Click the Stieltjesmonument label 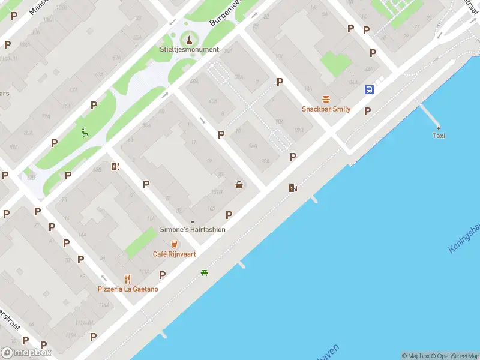pyautogui.click(x=189, y=49)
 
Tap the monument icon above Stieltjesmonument pyautogui.click(x=190, y=40)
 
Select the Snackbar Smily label pyautogui.click(x=326, y=109)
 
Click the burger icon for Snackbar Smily pyautogui.click(x=326, y=99)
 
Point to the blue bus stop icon pyautogui.click(x=368, y=90)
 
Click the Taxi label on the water pyautogui.click(x=439, y=136)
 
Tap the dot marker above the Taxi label pyautogui.click(x=439, y=128)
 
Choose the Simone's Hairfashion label pyautogui.click(x=193, y=230)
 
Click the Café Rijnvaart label pyautogui.click(x=174, y=254)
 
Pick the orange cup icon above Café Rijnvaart pyautogui.click(x=174, y=244)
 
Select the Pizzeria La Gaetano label pyautogui.click(x=128, y=289)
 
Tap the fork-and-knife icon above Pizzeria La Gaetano pyautogui.click(x=127, y=278)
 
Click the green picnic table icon pyautogui.click(x=205, y=273)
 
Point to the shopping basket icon pyautogui.click(x=239, y=185)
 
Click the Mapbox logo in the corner pyautogui.click(x=26, y=352)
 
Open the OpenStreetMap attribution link pyautogui.click(x=455, y=356)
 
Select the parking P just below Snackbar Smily pyautogui.click(x=367, y=111)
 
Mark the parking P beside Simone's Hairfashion pyautogui.click(x=229, y=215)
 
